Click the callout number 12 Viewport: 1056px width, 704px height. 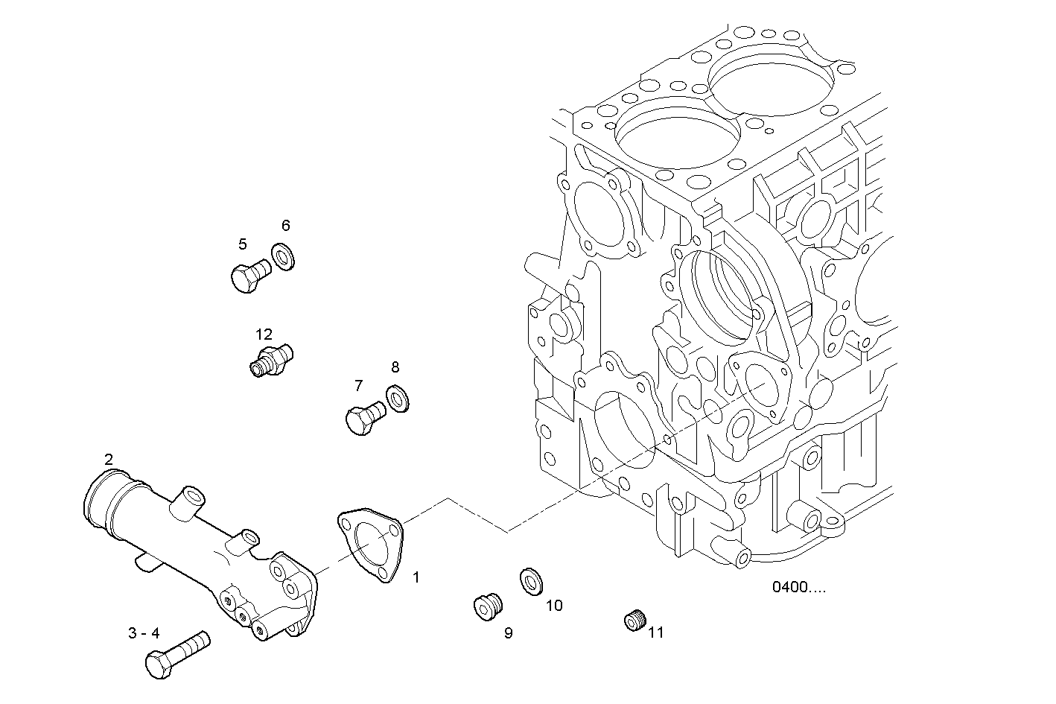point(264,334)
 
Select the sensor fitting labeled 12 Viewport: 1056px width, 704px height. point(270,358)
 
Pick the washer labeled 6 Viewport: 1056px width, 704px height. point(283,256)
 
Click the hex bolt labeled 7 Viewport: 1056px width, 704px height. point(363,418)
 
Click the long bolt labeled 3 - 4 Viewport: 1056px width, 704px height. point(177,655)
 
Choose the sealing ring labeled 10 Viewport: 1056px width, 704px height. point(531,581)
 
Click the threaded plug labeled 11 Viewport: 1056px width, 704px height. point(634,619)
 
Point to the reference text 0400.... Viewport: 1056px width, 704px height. point(798,587)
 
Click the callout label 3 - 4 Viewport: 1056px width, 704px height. point(144,633)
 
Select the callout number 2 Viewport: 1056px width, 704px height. point(109,459)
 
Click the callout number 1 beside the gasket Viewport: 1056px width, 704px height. point(416,577)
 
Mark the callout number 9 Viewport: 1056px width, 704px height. point(508,633)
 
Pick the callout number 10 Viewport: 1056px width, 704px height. point(554,606)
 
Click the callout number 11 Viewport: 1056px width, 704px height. point(655,633)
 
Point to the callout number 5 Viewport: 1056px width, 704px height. point(243,244)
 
